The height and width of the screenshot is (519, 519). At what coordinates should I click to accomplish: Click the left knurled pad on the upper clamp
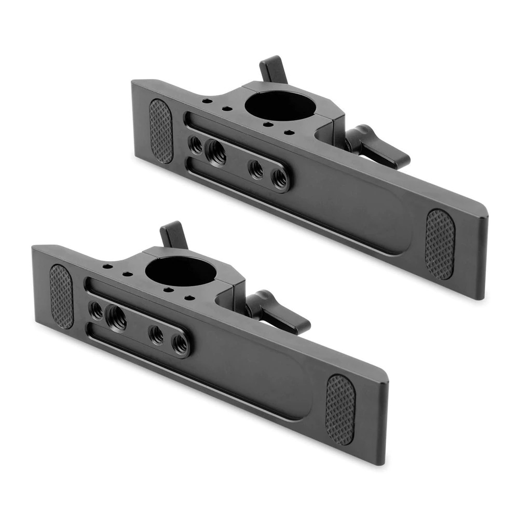click(x=161, y=131)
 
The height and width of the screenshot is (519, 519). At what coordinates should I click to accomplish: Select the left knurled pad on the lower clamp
click(x=62, y=296)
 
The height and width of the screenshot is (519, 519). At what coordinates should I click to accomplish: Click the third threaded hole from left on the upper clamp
click(x=256, y=169)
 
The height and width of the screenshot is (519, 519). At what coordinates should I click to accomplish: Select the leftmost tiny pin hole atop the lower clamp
click(x=108, y=267)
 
